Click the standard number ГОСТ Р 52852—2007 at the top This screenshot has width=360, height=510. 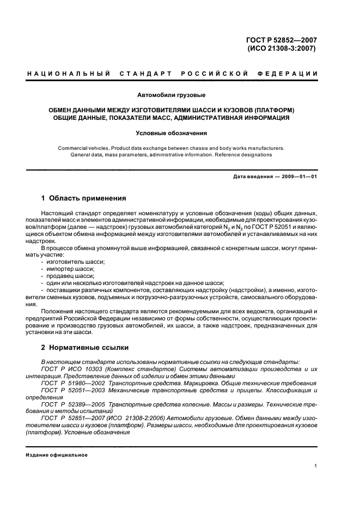point(282,39)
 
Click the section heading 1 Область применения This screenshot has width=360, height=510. point(84,198)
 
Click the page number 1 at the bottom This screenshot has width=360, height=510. point(316,466)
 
